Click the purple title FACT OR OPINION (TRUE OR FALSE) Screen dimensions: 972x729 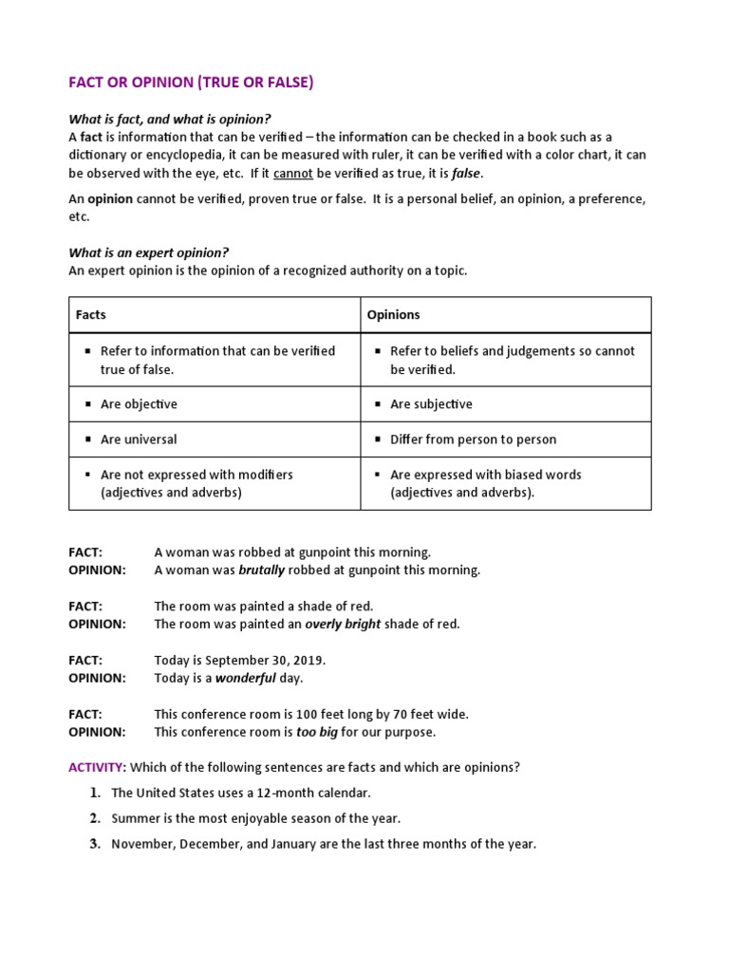191,83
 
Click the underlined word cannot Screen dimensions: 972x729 291,173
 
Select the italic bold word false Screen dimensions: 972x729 466,173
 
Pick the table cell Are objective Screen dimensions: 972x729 139,403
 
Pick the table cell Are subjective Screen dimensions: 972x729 431,403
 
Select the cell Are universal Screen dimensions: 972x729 139,439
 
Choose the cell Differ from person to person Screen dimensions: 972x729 473,439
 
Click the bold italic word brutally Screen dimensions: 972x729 262,570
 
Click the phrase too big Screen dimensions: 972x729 316,732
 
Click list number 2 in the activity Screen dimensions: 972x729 95,817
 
